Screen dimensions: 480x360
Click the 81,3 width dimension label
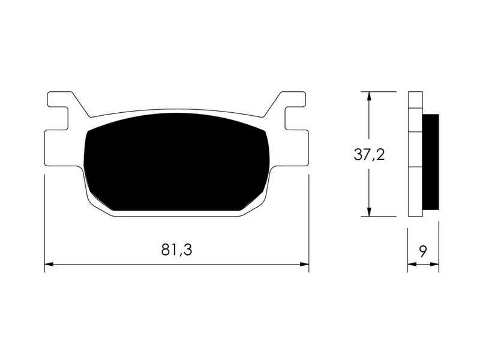[x=176, y=250]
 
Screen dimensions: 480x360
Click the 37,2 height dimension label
[x=369, y=155]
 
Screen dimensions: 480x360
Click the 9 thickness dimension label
[x=423, y=251]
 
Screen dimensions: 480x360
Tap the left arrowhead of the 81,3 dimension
[x=49, y=264]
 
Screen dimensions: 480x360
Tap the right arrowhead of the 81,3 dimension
[x=304, y=264]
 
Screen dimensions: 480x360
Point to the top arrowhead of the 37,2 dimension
[x=369, y=96]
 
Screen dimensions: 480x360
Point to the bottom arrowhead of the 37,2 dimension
[x=369, y=212]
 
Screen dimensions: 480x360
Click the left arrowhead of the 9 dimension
[x=412, y=264]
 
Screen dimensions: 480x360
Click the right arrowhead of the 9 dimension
[x=434, y=264]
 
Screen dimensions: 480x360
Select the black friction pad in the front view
[x=176, y=162]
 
